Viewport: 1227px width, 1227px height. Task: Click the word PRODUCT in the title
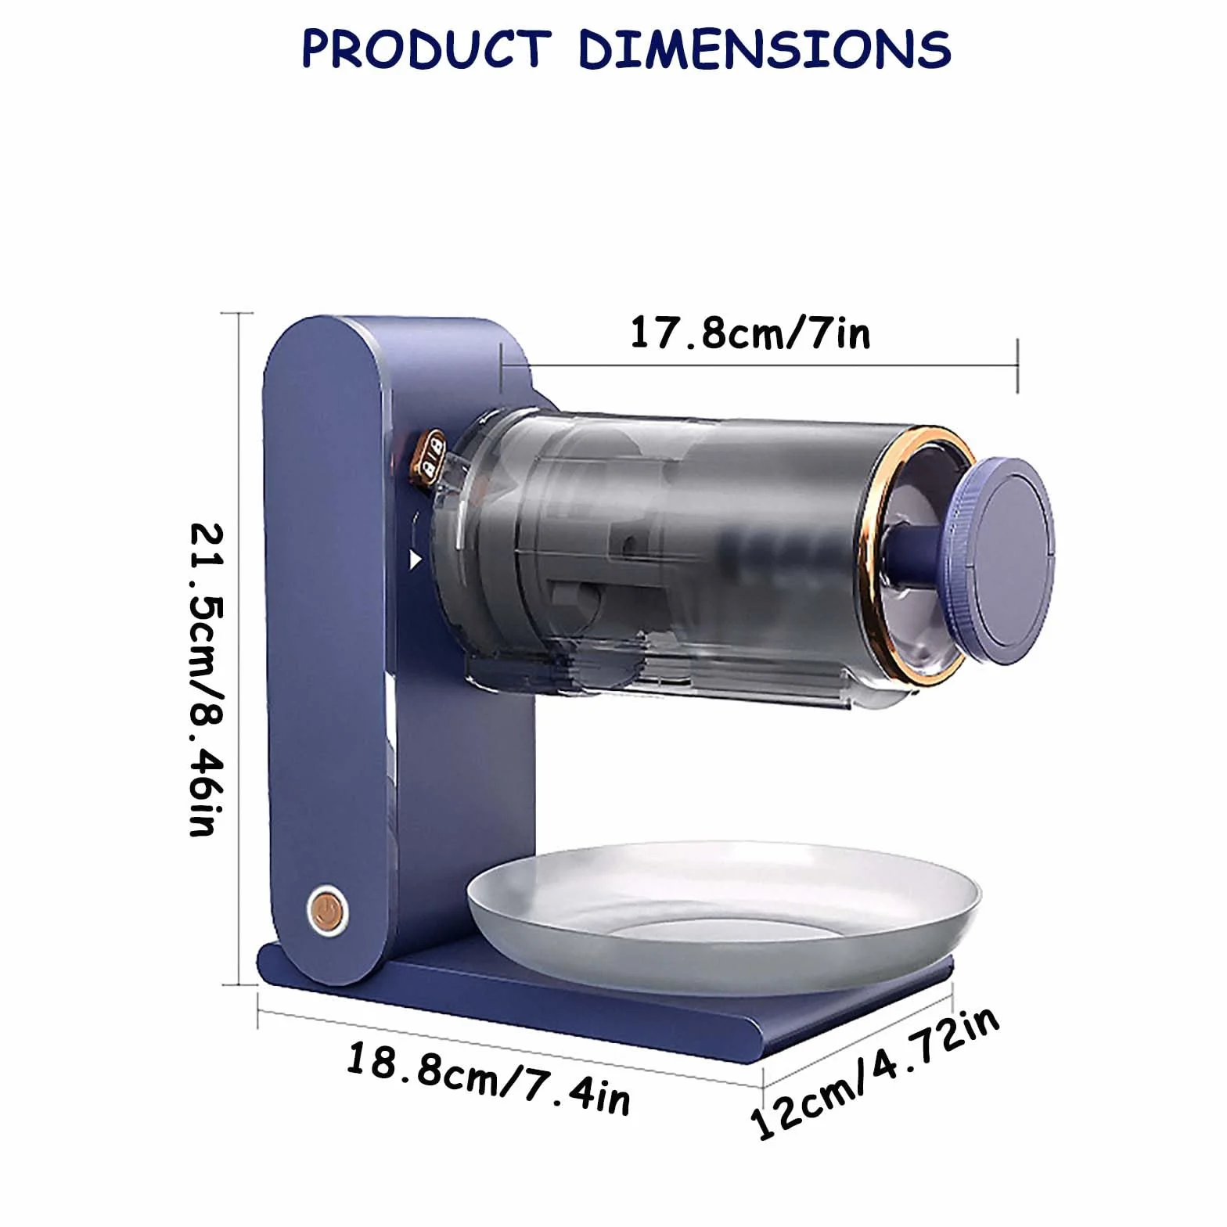(426, 49)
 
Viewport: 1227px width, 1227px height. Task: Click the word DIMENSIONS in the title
(765, 49)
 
